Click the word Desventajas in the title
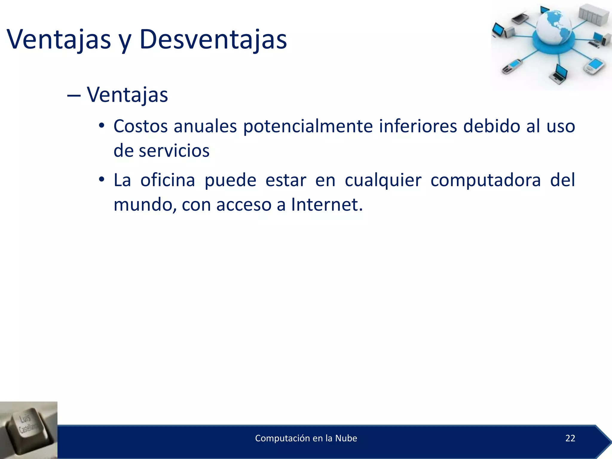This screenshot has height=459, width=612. click(x=213, y=39)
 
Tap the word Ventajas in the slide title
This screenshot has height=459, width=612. click(x=59, y=39)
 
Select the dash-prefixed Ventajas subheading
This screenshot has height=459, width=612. click(x=127, y=95)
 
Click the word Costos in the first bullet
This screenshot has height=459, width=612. click(x=140, y=126)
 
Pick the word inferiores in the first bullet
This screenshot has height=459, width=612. click(x=418, y=126)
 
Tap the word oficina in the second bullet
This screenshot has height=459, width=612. click(x=168, y=180)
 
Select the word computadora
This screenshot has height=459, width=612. click(x=486, y=180)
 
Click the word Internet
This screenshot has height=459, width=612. click(x=327, y=205)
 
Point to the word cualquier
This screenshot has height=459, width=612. click(x=383, y=180)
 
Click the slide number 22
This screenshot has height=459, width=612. click(x=570, y=438)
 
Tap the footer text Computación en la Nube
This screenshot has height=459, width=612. click(x=306, y=438)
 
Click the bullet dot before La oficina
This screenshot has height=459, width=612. click(x=102, y=180)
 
